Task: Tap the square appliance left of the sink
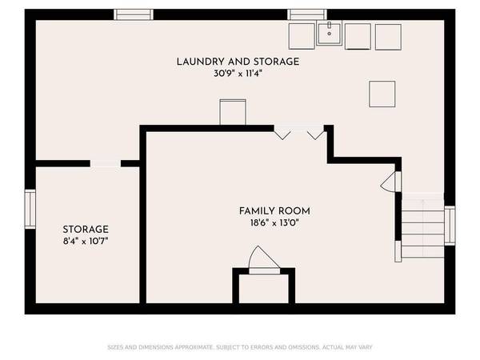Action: point(302,37)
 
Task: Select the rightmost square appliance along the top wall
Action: point(387,37)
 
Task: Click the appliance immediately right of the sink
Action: point(358,37)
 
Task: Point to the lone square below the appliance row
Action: point(382,94)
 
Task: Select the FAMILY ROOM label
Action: point(274,211)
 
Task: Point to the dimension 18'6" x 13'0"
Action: point(274,223)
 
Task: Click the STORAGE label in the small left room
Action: point(85,229)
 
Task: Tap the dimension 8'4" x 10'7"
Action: point(85,240)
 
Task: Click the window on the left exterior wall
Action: point(30,210)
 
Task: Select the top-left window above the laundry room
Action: point(134,14)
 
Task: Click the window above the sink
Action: point(308,14)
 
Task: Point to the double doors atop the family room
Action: point(300,130)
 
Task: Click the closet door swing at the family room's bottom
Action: point(262,261)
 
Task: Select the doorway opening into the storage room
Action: point(105,163)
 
